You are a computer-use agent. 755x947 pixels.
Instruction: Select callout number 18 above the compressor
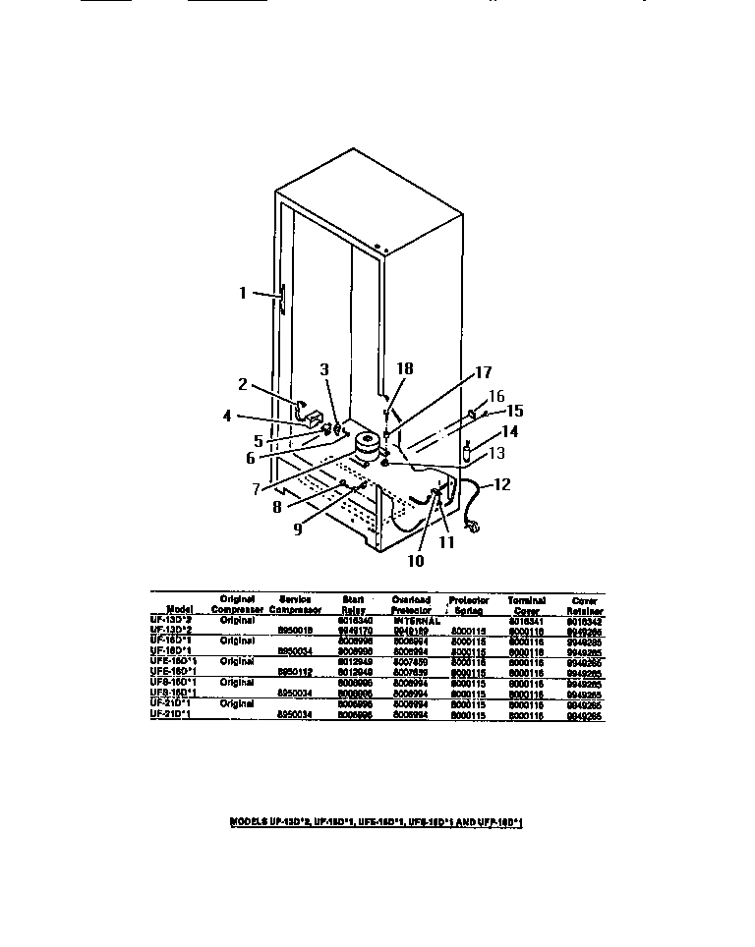tap(405, 368)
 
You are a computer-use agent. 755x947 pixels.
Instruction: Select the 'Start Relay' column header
tap(353, 603)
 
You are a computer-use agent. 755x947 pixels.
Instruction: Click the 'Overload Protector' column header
tap(411, 603)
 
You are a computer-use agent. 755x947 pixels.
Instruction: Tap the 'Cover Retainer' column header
tap(585, 603)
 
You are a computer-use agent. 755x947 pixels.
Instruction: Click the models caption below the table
tap(377, 821)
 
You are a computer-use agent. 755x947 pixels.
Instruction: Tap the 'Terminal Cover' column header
tap(527, 603)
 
